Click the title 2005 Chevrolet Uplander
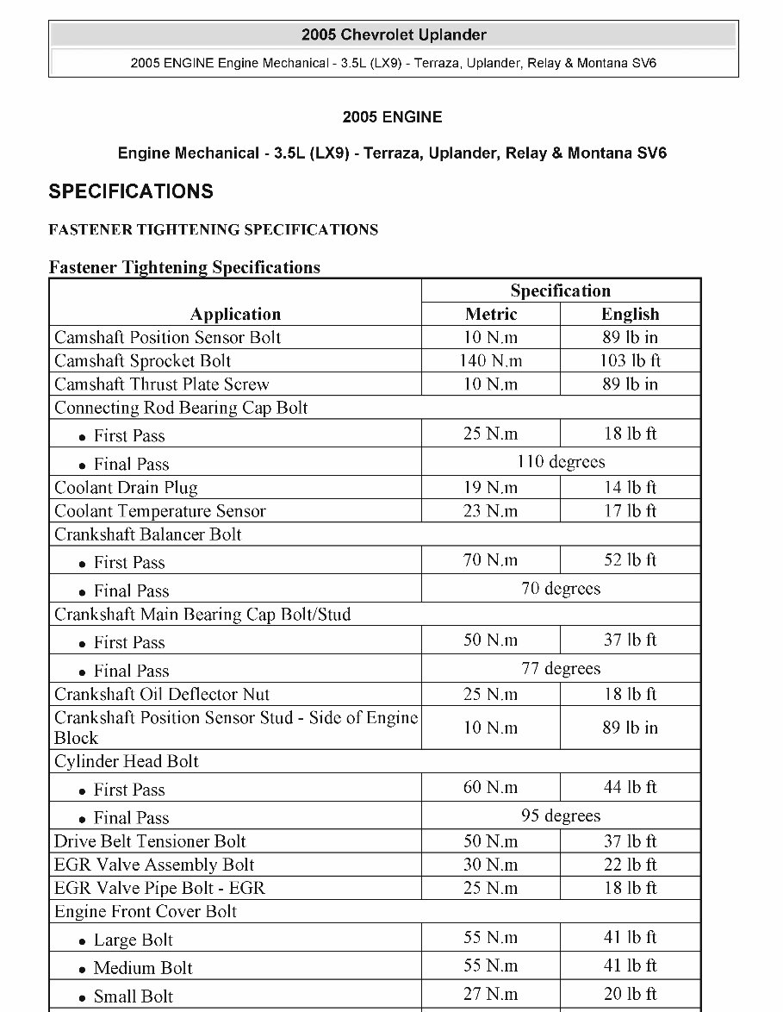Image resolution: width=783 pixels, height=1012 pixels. point(394,35)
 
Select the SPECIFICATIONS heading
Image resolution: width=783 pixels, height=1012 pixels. point(131,191)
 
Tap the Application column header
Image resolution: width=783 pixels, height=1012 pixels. point(235,314)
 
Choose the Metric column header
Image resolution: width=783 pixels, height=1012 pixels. point(491,314)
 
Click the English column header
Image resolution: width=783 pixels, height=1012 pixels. point(630,314)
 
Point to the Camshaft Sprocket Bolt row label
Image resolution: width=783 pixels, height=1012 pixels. point(143,360)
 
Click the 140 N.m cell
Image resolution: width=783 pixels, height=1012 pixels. point(491,360)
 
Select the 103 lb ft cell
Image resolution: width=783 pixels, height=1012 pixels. point(630,360)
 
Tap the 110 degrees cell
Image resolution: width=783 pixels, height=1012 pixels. point(561,461)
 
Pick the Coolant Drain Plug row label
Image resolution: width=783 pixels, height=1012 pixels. point(126,487)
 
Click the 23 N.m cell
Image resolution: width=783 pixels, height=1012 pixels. point(491,510)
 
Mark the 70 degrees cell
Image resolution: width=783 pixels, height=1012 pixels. point(561,589)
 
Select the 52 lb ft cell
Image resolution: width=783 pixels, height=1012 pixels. point(630,559)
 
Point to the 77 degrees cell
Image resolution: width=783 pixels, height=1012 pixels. point(561,668)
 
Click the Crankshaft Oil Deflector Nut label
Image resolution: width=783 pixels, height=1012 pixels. point(162,694)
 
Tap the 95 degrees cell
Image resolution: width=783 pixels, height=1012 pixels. point(561,815)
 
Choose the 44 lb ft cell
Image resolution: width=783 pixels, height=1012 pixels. point(630,787)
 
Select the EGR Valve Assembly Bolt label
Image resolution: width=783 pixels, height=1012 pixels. point(154,865)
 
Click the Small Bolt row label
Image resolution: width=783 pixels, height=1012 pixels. point(134,996)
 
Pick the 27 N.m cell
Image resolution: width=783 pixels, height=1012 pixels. point(491,993)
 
